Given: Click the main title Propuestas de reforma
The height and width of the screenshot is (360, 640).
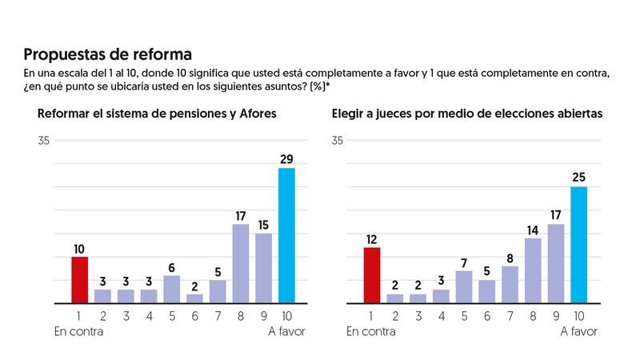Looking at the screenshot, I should point(107,54).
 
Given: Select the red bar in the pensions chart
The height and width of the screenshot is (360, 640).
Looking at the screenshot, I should point(80,280).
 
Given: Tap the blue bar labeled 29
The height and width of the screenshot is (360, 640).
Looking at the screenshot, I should point(286,236).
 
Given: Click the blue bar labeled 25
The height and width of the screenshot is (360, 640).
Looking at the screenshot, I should point(579,245).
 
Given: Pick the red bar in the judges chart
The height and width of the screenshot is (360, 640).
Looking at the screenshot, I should point(372,275).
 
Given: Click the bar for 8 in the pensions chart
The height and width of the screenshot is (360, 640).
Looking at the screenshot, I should point(241,264).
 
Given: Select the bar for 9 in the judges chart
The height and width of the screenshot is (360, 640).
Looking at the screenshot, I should point(556,264).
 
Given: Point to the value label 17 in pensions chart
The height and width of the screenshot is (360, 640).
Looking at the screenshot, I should point(241,215).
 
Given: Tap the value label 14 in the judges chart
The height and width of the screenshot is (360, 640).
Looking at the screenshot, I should point(533,230).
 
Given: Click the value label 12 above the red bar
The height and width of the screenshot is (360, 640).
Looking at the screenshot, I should point(372,238).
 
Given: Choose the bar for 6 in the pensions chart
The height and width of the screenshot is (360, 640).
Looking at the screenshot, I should point(194,298).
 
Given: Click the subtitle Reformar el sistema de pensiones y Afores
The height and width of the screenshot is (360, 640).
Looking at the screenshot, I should point(157,114).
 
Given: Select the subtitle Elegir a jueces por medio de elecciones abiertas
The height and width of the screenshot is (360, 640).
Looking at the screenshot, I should point(467,114).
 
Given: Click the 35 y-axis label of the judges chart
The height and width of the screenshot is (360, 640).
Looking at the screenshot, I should point(338,141).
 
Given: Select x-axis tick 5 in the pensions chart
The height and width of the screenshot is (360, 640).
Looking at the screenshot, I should point(172,315).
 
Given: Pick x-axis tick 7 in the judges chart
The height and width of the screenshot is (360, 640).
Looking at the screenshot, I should point(510,315).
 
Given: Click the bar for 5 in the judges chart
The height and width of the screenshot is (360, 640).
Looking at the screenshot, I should point(486,292).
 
